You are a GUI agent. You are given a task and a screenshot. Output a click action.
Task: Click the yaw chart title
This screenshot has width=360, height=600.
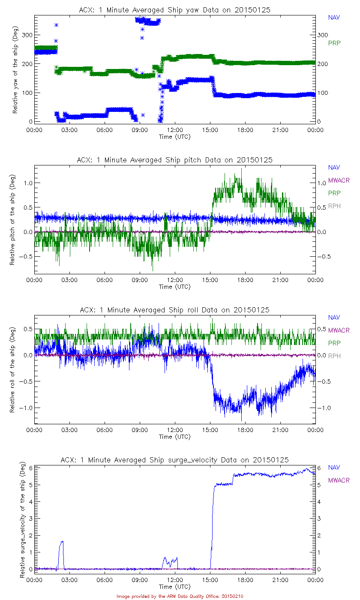(x=175, y=10)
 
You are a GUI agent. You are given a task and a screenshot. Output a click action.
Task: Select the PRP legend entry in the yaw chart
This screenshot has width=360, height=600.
(x=334, y=43)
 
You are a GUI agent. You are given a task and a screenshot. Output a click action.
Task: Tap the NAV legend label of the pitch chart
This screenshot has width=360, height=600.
(x=334, y=168)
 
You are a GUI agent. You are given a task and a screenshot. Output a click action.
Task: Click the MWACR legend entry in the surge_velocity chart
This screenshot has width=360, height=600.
(x=339, y=480)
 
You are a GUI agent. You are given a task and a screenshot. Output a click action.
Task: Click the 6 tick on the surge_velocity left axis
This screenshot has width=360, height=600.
(x=30, y=468)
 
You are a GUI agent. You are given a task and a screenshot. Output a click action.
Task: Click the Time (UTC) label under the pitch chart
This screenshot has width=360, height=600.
(x=174, y=287)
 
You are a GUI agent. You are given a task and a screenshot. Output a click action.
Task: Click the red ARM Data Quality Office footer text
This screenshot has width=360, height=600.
(x=180, y=596)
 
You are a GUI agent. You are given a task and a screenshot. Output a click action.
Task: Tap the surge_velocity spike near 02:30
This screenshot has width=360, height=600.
(x=62, y=542)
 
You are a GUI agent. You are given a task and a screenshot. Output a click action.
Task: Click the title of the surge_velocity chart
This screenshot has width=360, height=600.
(x=175, y=460)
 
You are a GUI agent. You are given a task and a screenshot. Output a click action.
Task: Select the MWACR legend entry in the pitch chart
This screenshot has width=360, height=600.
(x=339, y=180)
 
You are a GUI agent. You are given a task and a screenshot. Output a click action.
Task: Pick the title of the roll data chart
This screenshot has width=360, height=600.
(x=175, y=310)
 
